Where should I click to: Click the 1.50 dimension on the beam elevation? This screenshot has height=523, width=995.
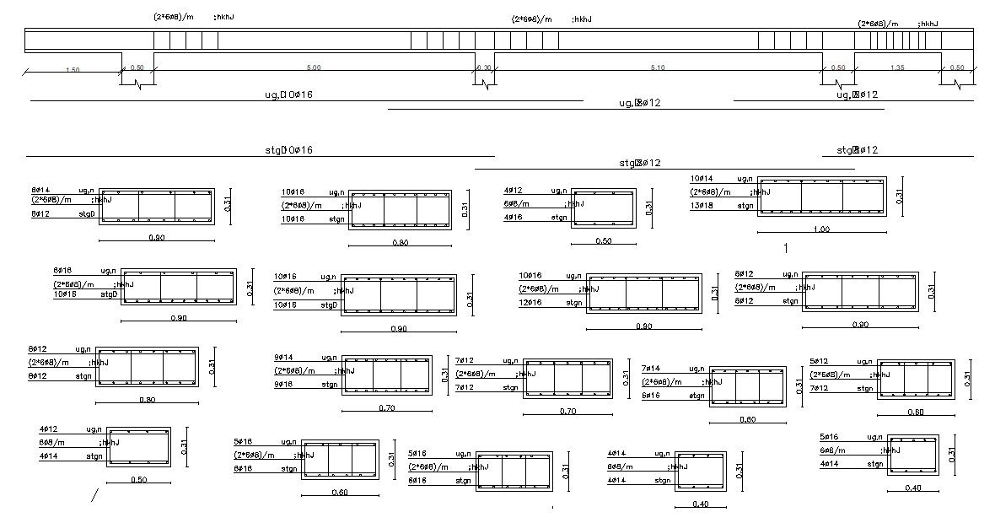pos(73,70)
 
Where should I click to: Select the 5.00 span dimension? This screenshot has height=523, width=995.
pos(314,67)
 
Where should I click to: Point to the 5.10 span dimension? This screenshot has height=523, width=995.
pos(659,67)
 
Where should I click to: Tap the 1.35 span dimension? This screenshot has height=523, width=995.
pos(897,67)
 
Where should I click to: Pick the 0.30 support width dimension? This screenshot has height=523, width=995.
pos(483,67)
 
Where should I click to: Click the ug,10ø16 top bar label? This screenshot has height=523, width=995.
pos(289,94)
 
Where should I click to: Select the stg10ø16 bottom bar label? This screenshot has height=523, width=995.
pos(289,150)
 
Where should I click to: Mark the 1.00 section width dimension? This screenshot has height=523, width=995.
pos(820,229)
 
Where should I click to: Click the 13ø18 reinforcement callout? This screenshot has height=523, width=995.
pos(702,205)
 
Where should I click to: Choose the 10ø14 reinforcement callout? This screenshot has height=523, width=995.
pos(702,179)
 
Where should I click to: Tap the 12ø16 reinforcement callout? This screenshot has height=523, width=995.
pos(530,302)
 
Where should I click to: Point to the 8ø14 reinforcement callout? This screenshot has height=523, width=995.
pos(40,191)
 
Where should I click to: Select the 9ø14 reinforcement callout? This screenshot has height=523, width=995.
pos(283,358)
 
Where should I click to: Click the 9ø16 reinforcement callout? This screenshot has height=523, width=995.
pos(283,385)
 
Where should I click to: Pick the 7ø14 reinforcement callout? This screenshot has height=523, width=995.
pos(650,369)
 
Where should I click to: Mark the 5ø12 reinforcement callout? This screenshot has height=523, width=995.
pos(819,361)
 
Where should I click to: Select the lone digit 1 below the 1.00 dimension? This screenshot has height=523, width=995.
pos(785,248)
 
